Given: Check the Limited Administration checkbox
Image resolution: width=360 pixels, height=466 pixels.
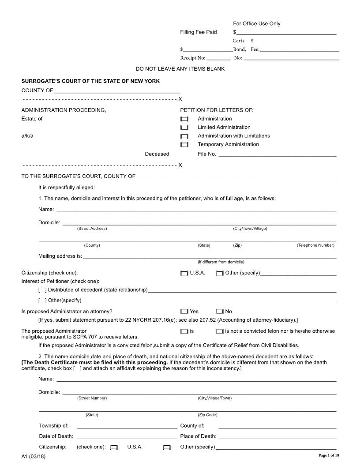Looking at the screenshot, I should pos(184,128).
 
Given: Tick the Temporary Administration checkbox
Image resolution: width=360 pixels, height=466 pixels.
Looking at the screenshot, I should pos(184,145).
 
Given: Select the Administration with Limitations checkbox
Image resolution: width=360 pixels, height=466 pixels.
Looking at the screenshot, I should pos(184,136).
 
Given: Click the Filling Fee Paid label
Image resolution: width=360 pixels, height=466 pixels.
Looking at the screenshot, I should pos(199,32).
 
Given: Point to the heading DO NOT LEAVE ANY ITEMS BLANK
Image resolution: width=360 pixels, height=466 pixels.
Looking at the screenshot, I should pos(180,69).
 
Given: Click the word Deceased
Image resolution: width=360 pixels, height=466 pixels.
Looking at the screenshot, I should pos(157,154).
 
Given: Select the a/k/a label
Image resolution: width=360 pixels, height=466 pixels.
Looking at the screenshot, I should pos(27,136).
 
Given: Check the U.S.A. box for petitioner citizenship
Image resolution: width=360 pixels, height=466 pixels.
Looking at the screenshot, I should pos(184,273).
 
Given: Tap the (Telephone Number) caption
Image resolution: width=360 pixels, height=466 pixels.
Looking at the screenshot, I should pos(315,245).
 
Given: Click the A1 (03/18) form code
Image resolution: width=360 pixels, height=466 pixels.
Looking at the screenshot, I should pos(34,456).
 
